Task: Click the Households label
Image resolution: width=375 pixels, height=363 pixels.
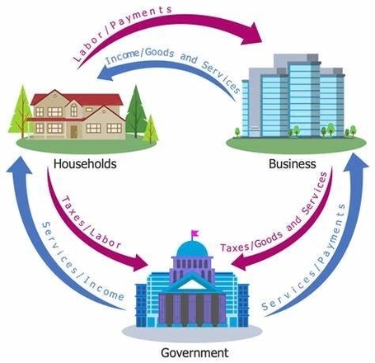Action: click(85, 164)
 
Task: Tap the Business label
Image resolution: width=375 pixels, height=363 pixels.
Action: click(293, 164)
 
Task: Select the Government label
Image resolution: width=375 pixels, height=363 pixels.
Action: click(195, 352)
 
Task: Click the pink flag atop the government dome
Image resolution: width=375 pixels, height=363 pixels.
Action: click(195, 233)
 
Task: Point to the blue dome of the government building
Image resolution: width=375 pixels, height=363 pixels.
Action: click(192, 249)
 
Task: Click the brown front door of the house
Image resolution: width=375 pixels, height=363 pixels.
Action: click(73, 132)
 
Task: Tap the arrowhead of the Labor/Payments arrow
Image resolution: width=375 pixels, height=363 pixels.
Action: click(252, 34)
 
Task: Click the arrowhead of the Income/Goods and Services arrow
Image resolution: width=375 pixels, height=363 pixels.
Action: click(105, 73)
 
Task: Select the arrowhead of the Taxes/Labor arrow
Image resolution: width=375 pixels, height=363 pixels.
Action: click(139, 263)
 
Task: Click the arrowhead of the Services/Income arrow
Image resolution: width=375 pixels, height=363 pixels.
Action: click(19, 165)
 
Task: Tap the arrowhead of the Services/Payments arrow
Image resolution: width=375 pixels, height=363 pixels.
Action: click(355, 163)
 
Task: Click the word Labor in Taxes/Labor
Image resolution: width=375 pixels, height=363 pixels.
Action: click(105, 238)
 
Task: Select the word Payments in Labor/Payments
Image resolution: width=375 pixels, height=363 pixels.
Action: click(141, 16)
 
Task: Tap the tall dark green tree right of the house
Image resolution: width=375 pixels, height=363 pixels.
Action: click(135, 110)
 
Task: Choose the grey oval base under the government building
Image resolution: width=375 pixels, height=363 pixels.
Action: click(192, 333)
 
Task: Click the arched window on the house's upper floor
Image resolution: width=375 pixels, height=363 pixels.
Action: click(73, 110)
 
